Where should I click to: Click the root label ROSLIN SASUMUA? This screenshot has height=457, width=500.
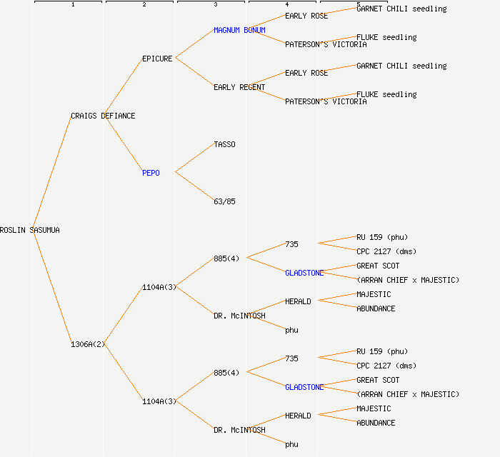30,230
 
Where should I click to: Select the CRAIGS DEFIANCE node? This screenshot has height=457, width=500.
103,116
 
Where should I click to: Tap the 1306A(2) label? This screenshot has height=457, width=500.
88,344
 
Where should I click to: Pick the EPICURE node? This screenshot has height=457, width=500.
157,59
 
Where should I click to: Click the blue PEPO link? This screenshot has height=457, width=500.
151,173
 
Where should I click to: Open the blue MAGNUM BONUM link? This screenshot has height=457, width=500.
239,30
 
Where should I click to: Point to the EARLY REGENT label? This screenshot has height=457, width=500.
239,87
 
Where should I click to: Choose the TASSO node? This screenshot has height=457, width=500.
224,144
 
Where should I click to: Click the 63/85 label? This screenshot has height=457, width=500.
224,201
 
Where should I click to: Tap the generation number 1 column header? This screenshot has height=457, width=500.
72,4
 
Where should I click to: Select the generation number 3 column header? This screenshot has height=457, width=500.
215,4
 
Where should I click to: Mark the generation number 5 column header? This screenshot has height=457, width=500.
358,4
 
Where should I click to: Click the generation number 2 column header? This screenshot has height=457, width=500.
144,4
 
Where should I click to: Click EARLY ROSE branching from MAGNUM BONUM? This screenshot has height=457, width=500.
306,16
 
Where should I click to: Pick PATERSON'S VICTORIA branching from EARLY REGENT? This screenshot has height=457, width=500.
326,101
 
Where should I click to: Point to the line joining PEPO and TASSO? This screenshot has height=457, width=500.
194,158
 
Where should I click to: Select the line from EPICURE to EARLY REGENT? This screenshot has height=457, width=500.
194,72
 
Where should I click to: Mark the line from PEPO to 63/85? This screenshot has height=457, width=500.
194,186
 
